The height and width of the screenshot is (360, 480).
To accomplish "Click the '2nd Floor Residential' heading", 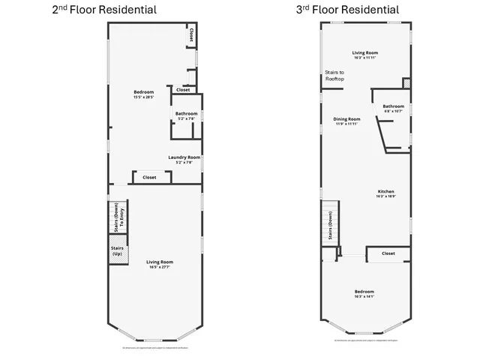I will [104, 10].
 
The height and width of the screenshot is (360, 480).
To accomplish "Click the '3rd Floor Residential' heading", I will [346, 10].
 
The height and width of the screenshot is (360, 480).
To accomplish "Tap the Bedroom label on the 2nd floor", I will [143, 94].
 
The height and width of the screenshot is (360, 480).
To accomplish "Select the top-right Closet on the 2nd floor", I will [192, 34].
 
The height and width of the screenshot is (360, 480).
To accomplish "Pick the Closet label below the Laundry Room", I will [149, 178].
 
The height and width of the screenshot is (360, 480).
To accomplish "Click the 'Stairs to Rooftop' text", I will [334, 75].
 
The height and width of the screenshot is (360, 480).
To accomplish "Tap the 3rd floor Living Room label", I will [365, 54].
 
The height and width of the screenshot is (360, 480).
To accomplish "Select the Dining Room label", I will [346, 120].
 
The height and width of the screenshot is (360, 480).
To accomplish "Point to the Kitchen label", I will [385, 193].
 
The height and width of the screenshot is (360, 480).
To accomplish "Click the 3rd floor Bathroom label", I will [393, 107].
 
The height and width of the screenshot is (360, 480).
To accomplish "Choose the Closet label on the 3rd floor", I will [388, 253].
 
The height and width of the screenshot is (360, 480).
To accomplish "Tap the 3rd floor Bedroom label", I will [364, 292].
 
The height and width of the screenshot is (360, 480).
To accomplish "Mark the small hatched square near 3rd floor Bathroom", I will [406, 83].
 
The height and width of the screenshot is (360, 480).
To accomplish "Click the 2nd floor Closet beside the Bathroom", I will [183, 89].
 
